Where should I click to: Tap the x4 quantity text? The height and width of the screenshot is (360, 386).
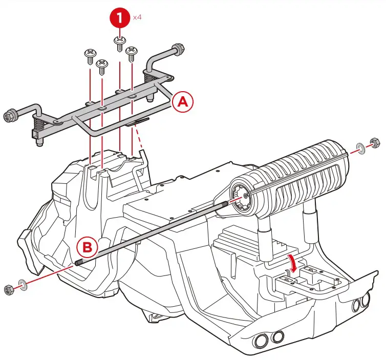pyautogui.click(x=137, y=17)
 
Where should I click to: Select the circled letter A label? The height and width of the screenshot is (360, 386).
pyautogui.click(x=183, y=102)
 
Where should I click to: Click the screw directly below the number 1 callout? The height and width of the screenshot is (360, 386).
pyautogui.click(x=119, y=41)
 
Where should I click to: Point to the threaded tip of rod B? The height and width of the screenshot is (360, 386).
pyautogui.click(x=79, y=264)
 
